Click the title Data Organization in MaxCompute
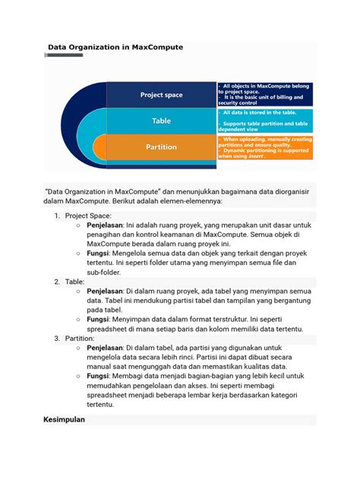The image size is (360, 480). tap(115, 47)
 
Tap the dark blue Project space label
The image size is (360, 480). tap(161, 95)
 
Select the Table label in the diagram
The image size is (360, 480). tap(161, 121)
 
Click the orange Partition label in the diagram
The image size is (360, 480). tap(161, 147)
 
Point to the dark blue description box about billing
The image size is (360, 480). tap(264, 94)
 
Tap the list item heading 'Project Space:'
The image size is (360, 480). tap(90, 216)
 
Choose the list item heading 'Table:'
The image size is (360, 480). tap(74, 282)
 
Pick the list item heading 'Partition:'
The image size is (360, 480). tap(80, 337)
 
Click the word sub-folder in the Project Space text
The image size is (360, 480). tap(107, 272)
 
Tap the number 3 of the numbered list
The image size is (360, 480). tap(57, 337)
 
